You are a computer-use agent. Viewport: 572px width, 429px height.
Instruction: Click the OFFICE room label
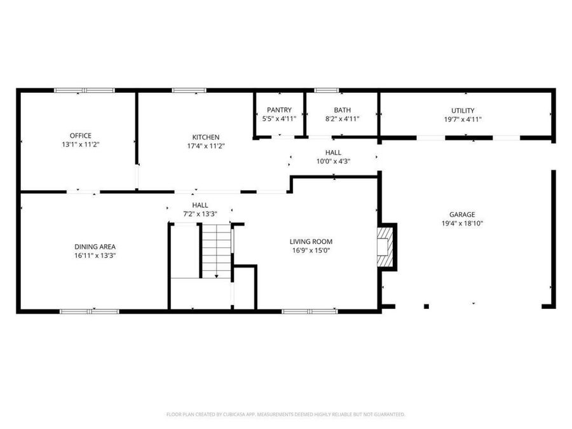(x=81, y=135)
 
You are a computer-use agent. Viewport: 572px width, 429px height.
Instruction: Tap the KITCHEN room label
(x=206, y=137)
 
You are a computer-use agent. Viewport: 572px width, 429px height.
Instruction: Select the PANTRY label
(x=279, y=110)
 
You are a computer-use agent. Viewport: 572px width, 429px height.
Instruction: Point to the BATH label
(x=342, y=110)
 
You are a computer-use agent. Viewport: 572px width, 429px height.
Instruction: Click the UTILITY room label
(x=463, y=111)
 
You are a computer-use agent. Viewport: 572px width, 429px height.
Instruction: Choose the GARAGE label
(x=463, y=215)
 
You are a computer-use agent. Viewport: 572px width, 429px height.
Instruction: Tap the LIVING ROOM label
(x=311, y=242)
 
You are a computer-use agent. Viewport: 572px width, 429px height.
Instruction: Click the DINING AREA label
(x=95, y=247)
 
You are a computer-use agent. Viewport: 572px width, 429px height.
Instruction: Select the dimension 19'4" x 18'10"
(x=463, y=224)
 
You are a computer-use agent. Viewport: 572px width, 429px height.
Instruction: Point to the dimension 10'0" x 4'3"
(x=333, y=161)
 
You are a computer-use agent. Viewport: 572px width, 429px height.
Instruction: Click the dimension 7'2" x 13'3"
(x=200, y=214)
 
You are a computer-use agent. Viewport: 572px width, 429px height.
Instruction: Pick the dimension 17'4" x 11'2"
(x=206, y=146)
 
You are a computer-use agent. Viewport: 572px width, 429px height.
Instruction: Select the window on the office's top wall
(x=85, y=90)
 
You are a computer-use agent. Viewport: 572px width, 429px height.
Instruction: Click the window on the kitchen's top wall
(x=189, y=90)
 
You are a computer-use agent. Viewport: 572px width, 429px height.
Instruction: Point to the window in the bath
(x=327, y=90)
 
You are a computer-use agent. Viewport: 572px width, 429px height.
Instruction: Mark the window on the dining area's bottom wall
(x=90, y=311)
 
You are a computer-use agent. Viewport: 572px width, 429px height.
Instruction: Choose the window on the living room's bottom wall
(x=310, y=311)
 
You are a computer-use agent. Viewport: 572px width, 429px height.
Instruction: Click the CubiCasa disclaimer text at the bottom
(x=285, y=414)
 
